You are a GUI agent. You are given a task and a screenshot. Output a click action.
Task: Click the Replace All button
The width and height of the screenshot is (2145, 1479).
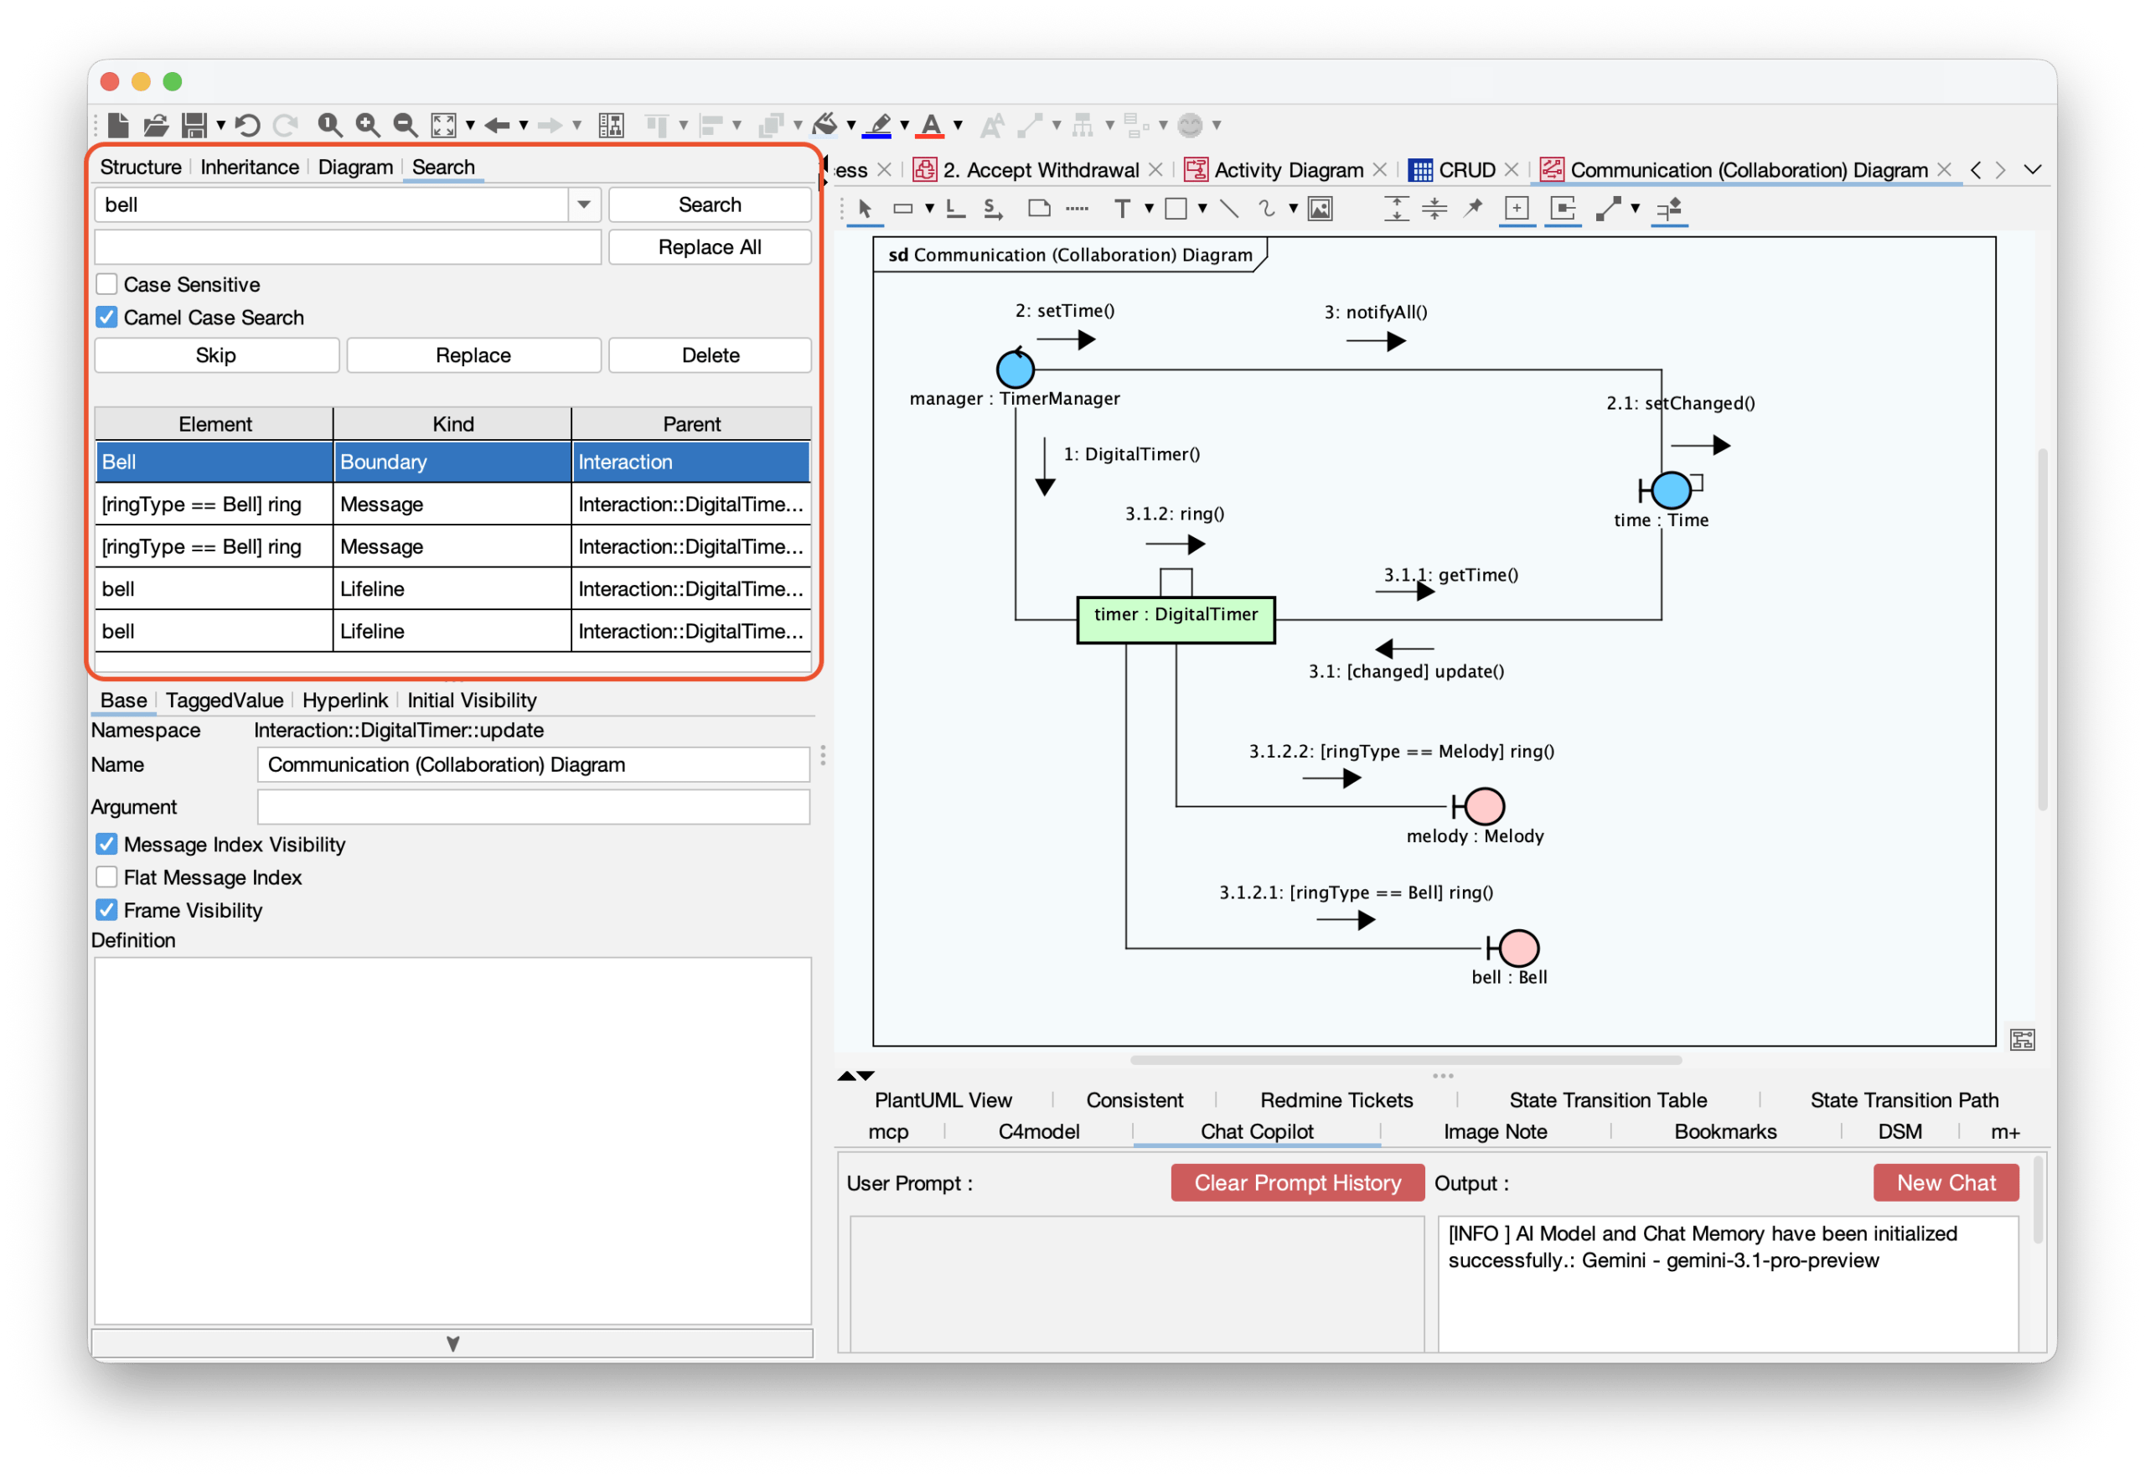click(x=709, y=246)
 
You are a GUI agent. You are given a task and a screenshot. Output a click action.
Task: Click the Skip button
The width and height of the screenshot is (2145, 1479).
click(x=216, y=355)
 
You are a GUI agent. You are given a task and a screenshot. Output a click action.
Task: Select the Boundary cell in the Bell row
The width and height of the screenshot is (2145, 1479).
click(x=452, y=462)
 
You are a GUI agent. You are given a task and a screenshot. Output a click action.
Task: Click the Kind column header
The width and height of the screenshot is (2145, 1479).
click(x=452, y=423)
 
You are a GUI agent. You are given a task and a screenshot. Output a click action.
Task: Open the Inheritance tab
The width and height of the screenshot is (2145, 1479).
click(x=249, y=167)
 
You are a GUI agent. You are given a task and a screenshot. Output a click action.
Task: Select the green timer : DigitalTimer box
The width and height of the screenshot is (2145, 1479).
click(x=1175, y=619)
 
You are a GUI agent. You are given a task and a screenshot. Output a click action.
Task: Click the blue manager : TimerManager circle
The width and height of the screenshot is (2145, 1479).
click(x=1015, y=369)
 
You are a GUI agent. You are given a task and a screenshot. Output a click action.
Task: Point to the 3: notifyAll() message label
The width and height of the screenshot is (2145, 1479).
click(x=1375, y=313)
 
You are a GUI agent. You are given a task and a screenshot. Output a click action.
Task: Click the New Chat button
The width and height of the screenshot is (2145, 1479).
click(x=1945, y=1182)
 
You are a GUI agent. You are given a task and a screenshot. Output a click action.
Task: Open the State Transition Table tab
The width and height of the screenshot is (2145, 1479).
click(x=1608, y=1100)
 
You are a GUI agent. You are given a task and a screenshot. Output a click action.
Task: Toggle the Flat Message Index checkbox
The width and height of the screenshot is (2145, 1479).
click(x=106, y=877)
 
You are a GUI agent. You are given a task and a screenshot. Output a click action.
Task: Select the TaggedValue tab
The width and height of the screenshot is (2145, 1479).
click(x=225, y=700)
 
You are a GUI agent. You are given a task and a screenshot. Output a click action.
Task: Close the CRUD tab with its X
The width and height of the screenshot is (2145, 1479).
click(x=1512, y=169)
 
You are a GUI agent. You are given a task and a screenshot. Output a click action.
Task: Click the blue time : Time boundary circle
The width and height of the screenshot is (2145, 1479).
click(x=1671, y=489)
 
